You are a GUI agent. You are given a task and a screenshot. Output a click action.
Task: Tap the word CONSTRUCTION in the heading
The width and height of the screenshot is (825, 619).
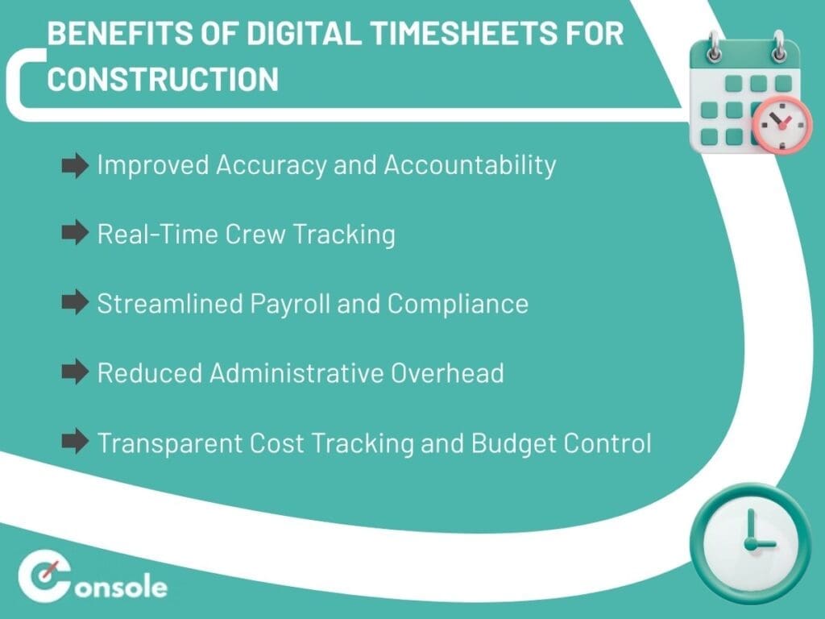point(163,79)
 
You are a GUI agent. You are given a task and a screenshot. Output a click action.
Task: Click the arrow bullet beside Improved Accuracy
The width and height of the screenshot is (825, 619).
point(75,167)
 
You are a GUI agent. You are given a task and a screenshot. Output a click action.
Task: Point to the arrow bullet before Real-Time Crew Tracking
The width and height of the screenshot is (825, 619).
point(75,234)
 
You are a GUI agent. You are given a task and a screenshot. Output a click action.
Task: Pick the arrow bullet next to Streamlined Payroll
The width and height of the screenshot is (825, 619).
point(75,303)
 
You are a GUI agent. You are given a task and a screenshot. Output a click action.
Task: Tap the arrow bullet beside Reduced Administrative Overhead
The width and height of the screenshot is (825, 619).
point(75,372)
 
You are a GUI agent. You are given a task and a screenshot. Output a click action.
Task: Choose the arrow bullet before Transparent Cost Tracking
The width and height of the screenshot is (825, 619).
point(75,442)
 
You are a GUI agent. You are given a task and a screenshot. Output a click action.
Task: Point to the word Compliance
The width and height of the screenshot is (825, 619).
point(458,304)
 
